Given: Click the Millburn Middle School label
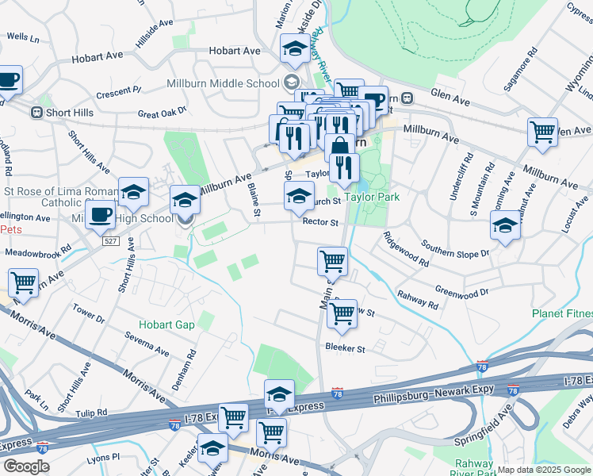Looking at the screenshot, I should click(222, 83).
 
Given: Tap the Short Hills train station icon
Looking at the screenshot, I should click(36, 113).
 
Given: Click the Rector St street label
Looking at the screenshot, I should click(320, 223).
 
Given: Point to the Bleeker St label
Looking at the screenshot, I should click(345, 348).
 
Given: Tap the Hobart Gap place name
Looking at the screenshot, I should click(166, 324).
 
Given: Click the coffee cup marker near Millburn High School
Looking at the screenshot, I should click(100, 213).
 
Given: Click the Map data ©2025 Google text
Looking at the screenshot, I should click(544, 470).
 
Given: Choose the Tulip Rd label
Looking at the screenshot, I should click(92, 413).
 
